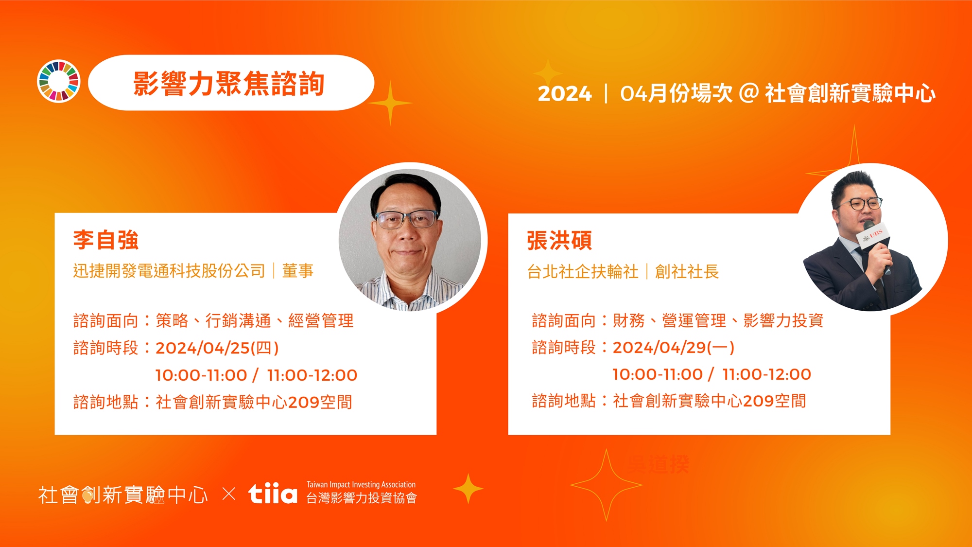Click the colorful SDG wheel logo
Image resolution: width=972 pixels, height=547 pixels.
[59, 82]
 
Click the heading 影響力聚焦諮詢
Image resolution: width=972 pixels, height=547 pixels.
[229, 84]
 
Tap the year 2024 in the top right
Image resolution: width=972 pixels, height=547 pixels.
[564, 93]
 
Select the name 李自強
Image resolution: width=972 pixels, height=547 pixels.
[106, 240]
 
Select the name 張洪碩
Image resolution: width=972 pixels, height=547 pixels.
[559, 240]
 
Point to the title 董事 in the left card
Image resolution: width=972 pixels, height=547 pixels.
[298, 271]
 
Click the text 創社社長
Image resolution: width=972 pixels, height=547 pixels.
[687, 271]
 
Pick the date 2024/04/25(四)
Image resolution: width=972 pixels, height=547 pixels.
[217, 348]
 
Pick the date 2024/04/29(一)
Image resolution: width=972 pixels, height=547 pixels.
[674, 347]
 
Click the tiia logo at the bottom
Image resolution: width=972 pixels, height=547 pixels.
[273, 494]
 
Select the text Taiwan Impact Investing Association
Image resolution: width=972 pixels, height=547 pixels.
[361, 484]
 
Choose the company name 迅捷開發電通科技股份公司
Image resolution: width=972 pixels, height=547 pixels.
[169, 271]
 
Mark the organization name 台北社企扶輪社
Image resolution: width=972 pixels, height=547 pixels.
[583, 271]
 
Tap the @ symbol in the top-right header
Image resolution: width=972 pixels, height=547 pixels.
[748, 93]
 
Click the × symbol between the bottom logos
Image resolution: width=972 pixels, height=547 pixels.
[229, 494]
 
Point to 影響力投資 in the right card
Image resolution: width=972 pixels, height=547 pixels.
[783, 320]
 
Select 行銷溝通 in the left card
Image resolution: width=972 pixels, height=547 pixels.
[238, 321]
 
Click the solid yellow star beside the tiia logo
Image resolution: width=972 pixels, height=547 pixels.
[468, 488]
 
